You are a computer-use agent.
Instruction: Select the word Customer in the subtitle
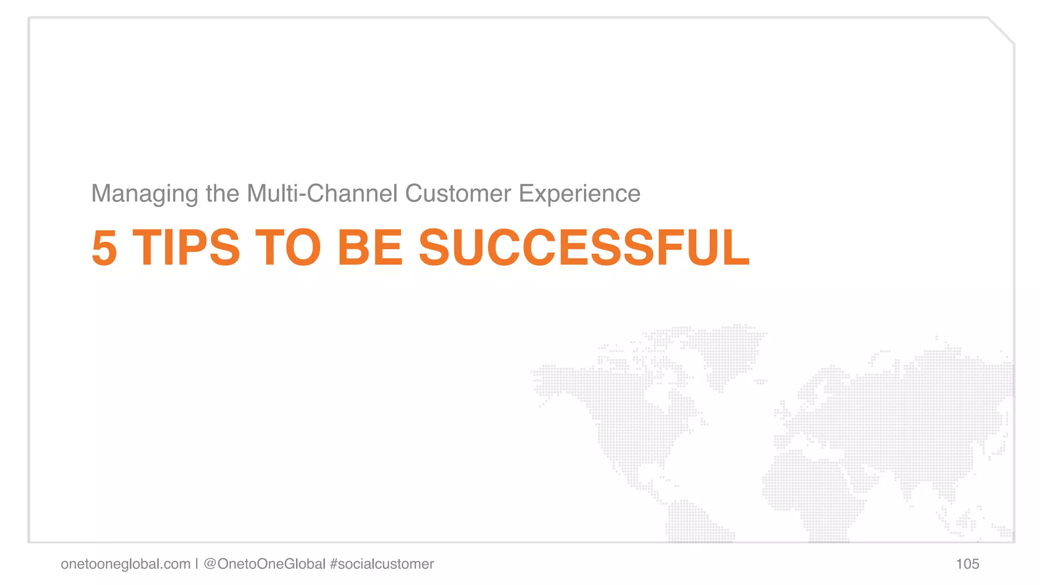pos(458,193)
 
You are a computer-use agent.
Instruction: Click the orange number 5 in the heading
pos(104,248)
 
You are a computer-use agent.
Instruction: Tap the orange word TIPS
pos(186,248)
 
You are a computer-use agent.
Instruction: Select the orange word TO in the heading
pos(288,248)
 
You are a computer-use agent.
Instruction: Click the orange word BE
pos(370,248)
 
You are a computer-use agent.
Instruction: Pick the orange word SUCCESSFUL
pos(583,248)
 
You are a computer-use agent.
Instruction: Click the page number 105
pos(967,564)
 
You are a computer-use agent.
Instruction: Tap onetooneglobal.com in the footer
pos(125,564)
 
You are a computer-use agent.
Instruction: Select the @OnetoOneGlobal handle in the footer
pos(264,564)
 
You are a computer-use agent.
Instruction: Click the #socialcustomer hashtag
pos(382,564)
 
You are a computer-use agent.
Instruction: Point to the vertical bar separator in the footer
pos(197,564)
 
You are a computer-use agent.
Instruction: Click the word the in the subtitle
pos(222,193)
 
